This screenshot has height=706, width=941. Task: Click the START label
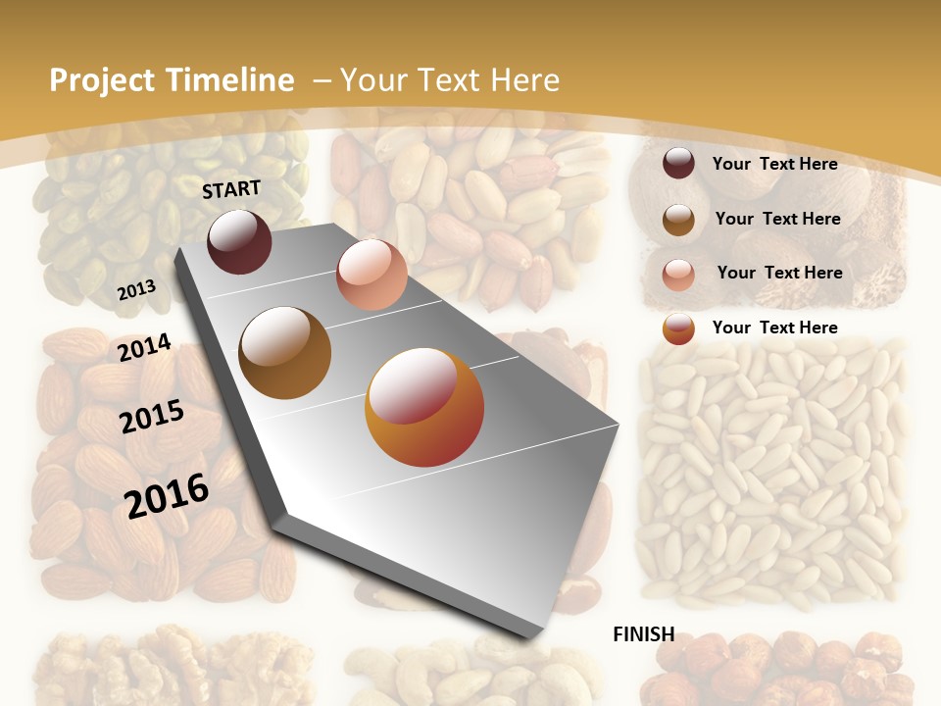tap(231, 189)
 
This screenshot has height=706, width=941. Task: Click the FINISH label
tap(643, 634)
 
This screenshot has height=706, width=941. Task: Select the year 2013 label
tap(136, 289)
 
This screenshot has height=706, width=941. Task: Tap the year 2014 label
tap(144, 347)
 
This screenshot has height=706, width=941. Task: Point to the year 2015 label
tap(152, 416)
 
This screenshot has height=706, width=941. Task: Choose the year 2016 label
tap(167, 495)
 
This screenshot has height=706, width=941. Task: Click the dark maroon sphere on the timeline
tap(240, 241)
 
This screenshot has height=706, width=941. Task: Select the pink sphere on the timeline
tap(371, 275)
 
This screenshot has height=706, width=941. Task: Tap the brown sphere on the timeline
tap(285, 352)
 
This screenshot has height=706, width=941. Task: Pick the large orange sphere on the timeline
tap(424, 407)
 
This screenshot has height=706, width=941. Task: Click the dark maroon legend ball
tap(678, 164)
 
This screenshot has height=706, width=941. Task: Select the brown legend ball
tap(678, 220)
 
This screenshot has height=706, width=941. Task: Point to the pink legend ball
tap(678, 274)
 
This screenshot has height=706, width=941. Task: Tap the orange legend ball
tap(678, 328)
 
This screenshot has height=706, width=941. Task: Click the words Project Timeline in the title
tap(172, 80)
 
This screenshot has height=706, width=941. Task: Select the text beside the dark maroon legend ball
tap(774, 164)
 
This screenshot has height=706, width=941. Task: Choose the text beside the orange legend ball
tap(774, 328)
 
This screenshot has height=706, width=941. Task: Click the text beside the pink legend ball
tap(779, 273)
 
